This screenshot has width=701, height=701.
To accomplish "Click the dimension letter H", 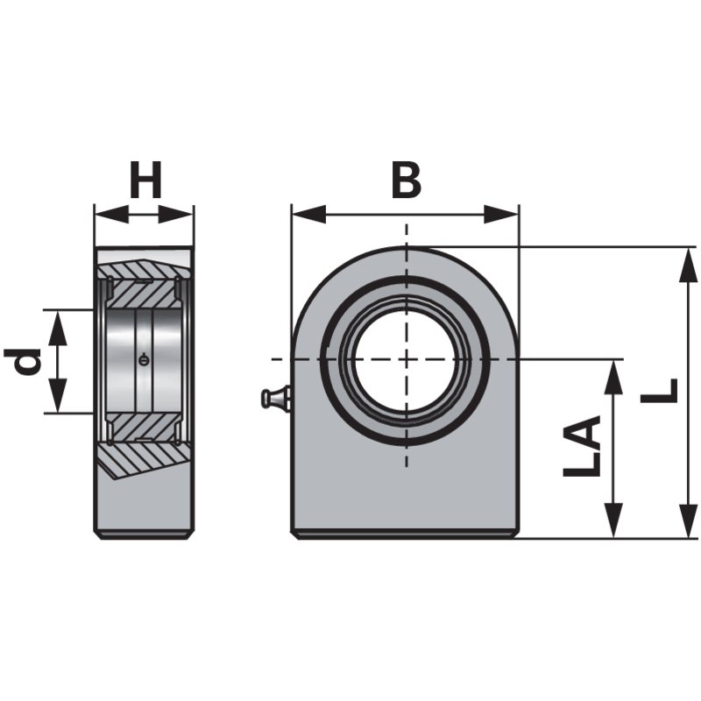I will coord(145,182).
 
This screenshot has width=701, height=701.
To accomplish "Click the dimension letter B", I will coord(406,181).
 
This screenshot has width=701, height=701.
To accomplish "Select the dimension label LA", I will coord(582,447).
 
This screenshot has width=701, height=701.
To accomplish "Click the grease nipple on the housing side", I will coord(274,399).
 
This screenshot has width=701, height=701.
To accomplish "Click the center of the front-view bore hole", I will coord(406,359).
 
